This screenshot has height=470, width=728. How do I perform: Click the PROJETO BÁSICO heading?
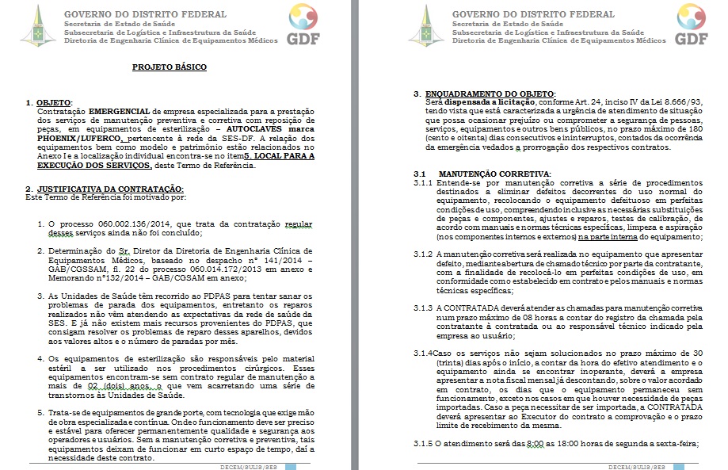click(169, 67)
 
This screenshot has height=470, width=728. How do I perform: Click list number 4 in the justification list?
click(41, 358)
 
